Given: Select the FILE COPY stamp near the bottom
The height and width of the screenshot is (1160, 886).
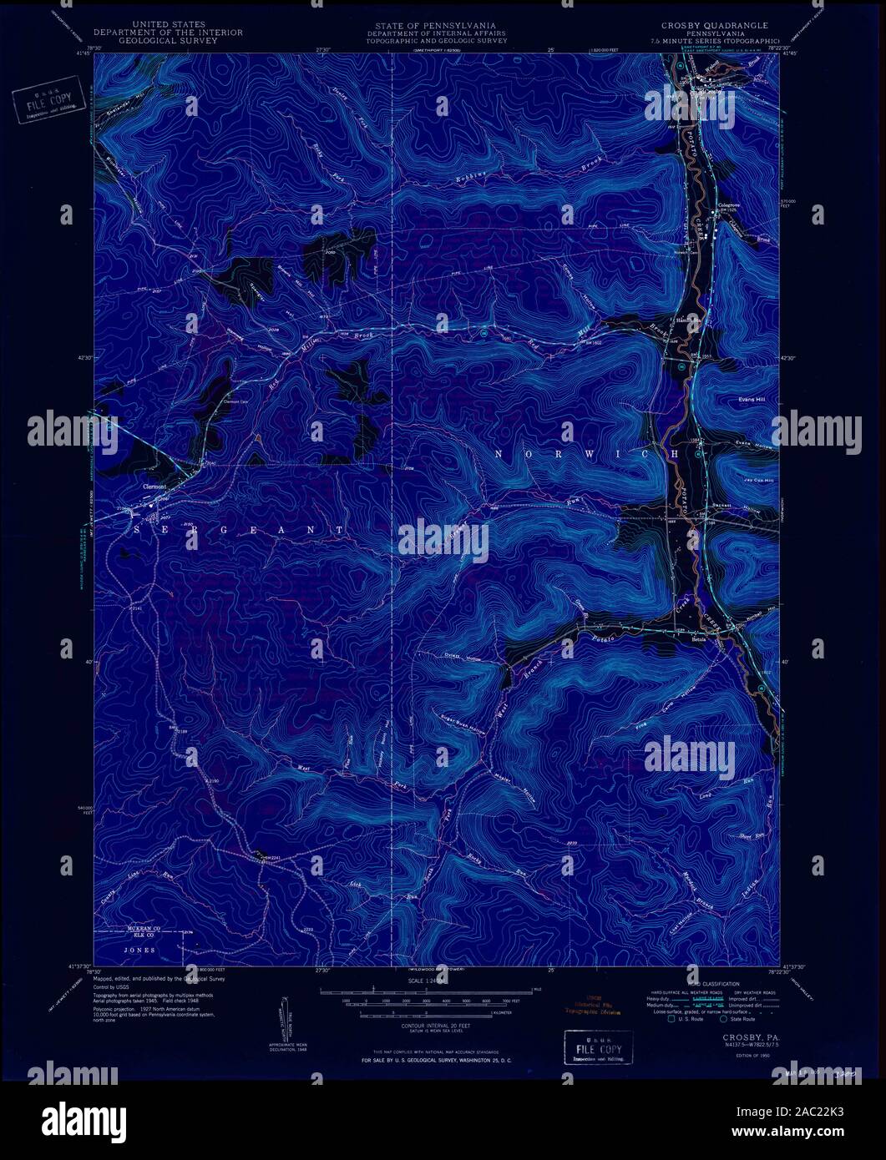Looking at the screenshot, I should click(598, 1045).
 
